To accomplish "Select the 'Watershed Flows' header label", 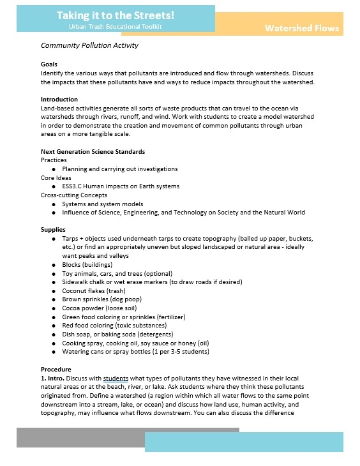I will point(302,28).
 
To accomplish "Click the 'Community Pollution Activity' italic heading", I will point(89,46).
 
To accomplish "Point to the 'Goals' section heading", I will point(49,64).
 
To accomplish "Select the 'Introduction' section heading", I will point(59,100).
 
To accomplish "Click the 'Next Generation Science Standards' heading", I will point(93,152).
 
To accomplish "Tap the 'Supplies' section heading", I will point(53,229).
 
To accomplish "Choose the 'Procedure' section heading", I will point(56,370).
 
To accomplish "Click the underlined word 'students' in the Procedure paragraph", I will point(116,379).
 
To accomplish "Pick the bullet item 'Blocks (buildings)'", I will point(87,264).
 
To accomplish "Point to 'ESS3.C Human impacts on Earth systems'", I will point(121,186).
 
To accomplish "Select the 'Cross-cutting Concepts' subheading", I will point(74,195).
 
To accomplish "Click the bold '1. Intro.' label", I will point(54,379).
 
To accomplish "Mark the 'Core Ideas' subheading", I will point(56,178).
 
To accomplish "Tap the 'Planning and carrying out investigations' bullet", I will point(120,169).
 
